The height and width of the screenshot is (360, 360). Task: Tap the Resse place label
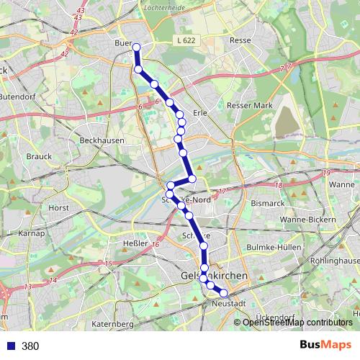click(240, 41)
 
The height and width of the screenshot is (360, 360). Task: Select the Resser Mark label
click(246, 105)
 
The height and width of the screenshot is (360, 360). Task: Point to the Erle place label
click(201, 114)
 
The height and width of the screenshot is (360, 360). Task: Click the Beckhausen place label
click(102, 140)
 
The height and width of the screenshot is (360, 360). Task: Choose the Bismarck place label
click(268, 204)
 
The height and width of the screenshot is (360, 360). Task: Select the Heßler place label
click(136, 245)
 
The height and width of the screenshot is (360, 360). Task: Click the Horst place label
click(58, 207)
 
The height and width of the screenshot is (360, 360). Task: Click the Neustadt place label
click(230, 304)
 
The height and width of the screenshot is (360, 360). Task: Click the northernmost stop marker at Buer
click(135, 48)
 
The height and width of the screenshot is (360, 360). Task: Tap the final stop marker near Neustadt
click(223, 293)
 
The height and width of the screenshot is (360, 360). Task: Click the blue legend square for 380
click(11, 346)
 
